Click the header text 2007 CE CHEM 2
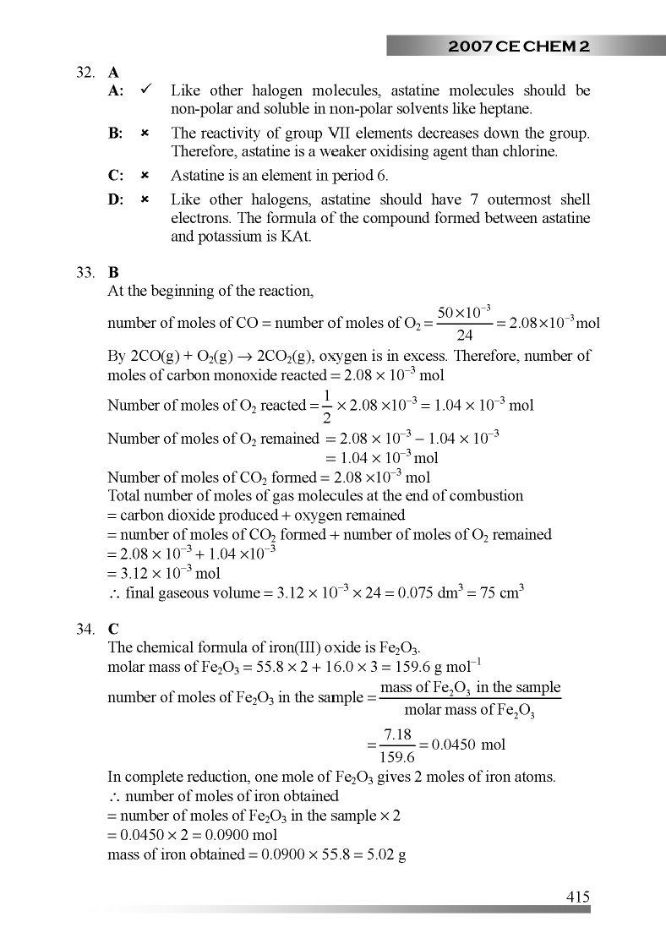[x=519, y=46]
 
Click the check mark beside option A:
[x=145, y=90]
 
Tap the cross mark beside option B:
[x=145, y=134]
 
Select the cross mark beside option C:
[x=145, y=176]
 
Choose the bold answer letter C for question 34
[x=113, y=629]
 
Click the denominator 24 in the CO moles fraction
[x=464, y=335]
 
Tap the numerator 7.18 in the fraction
[x=397, y=735]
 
